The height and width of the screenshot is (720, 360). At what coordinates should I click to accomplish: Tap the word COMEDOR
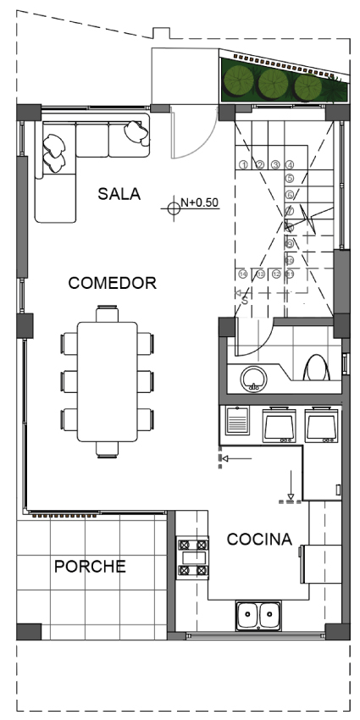(113, 283)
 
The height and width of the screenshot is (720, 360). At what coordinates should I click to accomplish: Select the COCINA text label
(259, 539)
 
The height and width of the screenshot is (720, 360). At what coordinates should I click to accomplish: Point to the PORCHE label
(90, 566)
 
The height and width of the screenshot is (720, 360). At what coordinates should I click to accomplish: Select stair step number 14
(244, 274)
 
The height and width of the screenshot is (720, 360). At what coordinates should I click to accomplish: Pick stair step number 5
(290, 179)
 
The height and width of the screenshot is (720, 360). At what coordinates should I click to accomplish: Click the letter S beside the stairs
(244, 298)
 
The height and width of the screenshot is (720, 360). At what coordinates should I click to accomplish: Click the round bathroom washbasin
(252, 379)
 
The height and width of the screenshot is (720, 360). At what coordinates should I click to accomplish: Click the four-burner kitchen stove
(192, 558)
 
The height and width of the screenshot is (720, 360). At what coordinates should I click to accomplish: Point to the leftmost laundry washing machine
(280, 425)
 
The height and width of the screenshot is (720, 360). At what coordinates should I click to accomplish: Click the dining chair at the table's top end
(108, 313)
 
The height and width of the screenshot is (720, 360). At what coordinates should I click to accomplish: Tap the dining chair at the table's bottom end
(108, 448)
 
